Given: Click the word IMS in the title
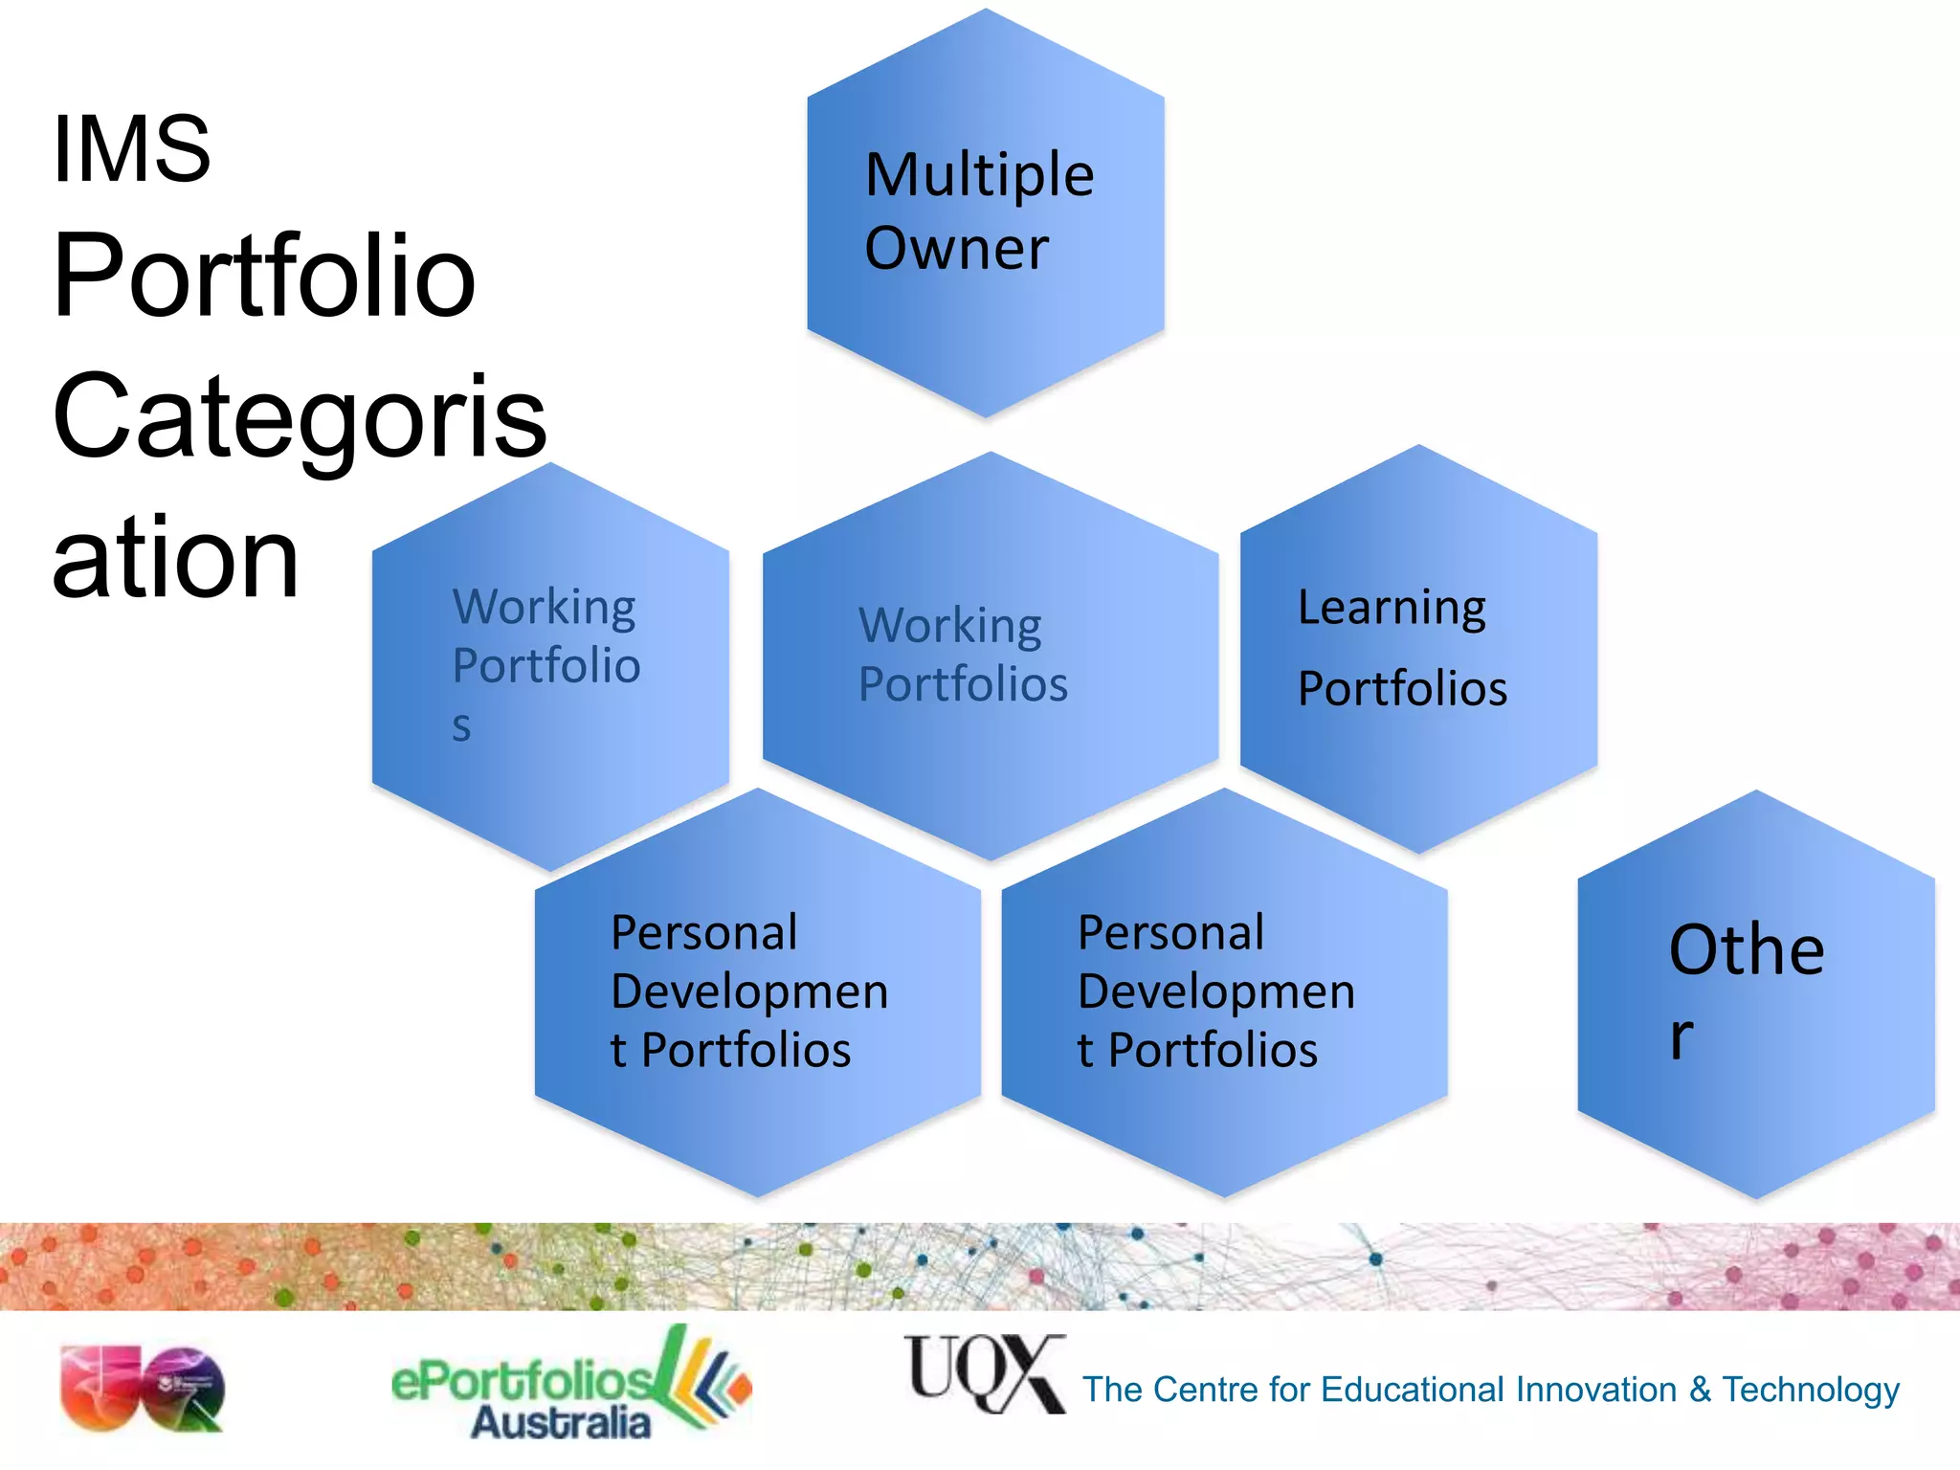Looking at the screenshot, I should [x=131, y=149].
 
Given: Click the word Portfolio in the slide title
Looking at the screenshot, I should [x=264, y=278].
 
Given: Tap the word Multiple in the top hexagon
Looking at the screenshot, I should [x=979, y=175].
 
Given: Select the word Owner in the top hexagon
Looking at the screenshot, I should [x=956, y=249].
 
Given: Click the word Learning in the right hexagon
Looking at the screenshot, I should [x=1392, y=608].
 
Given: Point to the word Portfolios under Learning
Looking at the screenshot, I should [x=1402, y=688].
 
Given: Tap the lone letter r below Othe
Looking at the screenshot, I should [x=1682, y=1036].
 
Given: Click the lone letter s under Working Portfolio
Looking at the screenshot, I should [x=461, y=726].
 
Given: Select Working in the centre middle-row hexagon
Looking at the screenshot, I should [x=949, y=626].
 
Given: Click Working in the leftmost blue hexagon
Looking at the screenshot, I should [x=544, y=608].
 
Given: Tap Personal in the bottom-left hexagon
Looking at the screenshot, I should [x=703, y=933].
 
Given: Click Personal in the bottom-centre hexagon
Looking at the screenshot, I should [x=1170, y=933].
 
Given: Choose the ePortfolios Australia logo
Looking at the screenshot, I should [x=570, y=1385].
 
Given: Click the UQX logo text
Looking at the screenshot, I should [x=984, y=1373].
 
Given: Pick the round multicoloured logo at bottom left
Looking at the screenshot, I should [x=142, y=1389].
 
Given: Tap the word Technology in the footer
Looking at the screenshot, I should [x=1810, y=1390].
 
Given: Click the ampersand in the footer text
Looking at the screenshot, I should [x=1699, y=1390].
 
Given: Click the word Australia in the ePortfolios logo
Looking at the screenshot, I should [x=561, y=1422].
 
